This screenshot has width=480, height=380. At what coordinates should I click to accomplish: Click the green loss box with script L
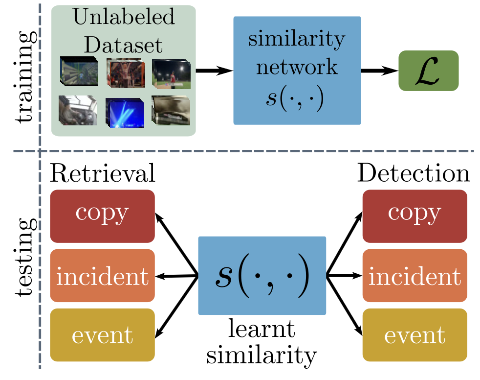click(428, 71)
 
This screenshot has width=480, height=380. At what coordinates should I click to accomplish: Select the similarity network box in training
click(297, 70)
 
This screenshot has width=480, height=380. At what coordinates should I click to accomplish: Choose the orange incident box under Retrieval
click(102, 276)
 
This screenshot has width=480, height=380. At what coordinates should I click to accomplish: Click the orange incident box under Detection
click(415, 276)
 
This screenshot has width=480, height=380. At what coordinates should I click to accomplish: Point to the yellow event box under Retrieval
click(102, 335)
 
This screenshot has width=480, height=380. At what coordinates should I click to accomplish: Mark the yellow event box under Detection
click(415, 335)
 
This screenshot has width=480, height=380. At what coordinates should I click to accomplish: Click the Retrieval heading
click(103, 174)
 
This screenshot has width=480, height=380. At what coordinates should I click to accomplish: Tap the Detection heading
click(415, 174)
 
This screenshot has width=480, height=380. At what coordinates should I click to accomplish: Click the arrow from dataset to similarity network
click(214, 71)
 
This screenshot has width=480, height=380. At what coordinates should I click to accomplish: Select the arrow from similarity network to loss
click(379, 71)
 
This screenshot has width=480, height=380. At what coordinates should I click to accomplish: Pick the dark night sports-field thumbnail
click(168, 71)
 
